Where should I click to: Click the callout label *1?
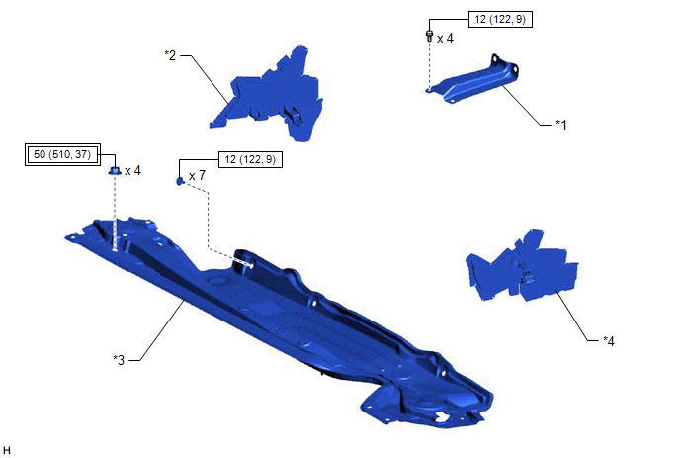(x=561, y=125)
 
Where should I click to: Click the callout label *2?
(x=170, y=55)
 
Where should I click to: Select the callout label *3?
(x=119, y=360)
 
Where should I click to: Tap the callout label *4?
(x=609, y=341)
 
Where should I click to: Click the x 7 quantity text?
(x=197, y=176)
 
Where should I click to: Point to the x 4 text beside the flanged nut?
(x=132, y=170)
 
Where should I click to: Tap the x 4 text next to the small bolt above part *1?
(x=445, y=39)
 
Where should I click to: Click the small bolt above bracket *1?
(x=429, y=36)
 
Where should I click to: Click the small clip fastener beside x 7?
(x=181, y=181)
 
